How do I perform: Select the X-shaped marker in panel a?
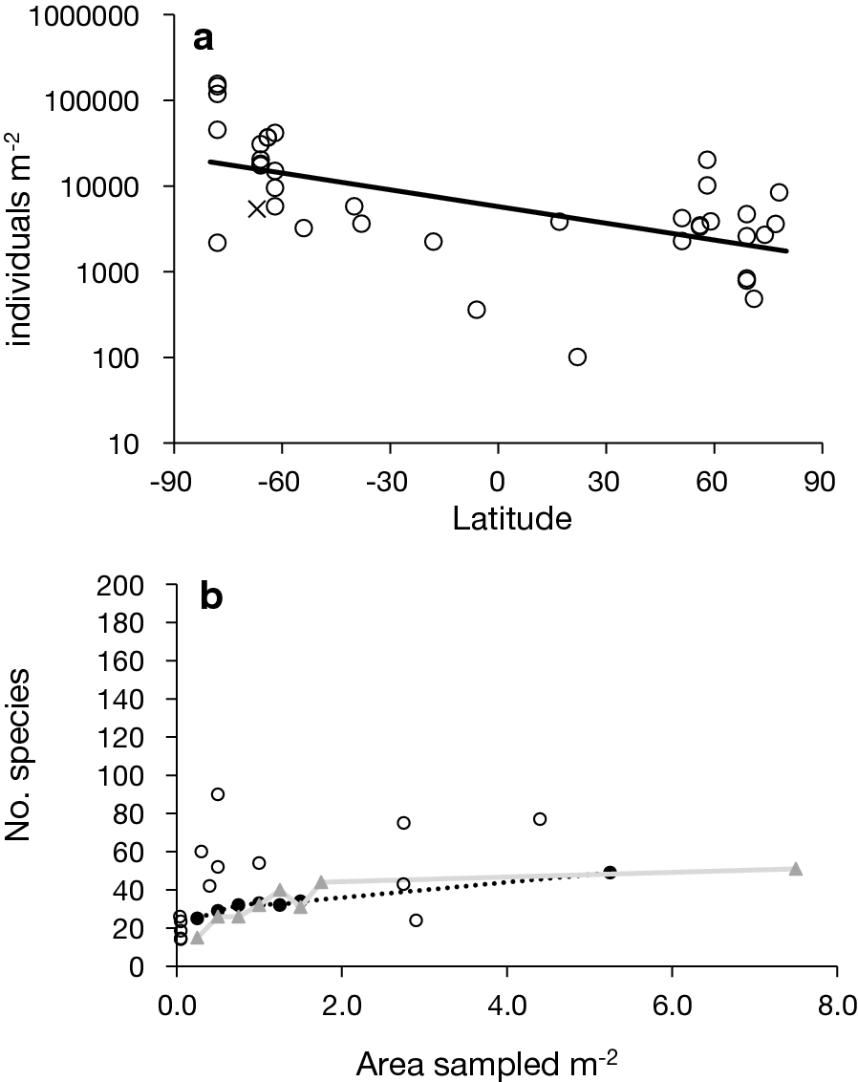257,208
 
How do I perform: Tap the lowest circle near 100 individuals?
577,357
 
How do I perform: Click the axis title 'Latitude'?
499,520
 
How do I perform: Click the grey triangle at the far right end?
796,869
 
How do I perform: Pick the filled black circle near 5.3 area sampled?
610,873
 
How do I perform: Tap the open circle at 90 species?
218,794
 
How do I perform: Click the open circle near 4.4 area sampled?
540,819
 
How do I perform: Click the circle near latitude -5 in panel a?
477,310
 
